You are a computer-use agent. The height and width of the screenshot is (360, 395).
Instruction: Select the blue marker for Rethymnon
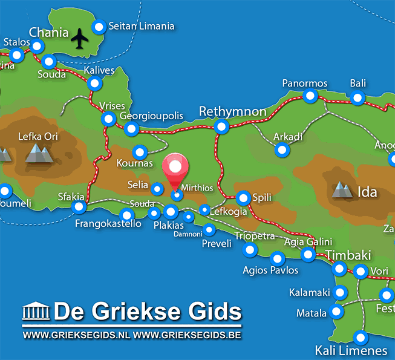click(222, 126)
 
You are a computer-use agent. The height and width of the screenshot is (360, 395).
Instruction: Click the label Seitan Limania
click(142, 26)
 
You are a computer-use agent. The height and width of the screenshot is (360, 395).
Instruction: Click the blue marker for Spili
click(243, 198)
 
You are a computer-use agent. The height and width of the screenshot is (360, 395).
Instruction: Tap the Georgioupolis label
click(151, 116)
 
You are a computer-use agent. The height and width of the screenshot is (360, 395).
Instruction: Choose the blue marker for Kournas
click(140, 152)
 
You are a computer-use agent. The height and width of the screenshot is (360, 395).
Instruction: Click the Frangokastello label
click(108, 224)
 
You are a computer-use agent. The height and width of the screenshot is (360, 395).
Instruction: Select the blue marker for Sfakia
click(79, 208)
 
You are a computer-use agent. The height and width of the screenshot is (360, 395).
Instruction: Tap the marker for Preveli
click(209, 229)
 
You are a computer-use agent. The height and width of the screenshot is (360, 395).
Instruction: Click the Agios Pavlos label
click(270, 270)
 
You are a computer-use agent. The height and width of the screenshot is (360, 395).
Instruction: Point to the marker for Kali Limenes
click(361, 338)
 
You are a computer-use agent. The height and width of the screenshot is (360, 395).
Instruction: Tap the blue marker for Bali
click(358, 98)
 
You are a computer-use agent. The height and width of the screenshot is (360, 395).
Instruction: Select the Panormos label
click(305, 83)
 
